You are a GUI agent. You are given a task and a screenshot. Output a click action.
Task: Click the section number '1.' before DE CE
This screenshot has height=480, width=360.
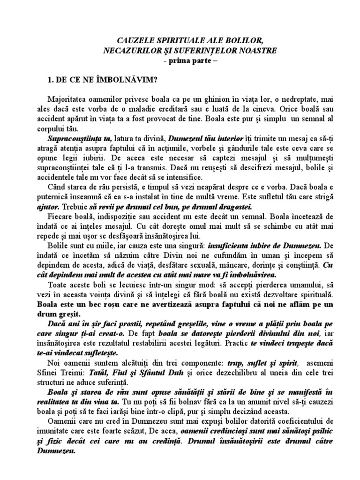(51, 80)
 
